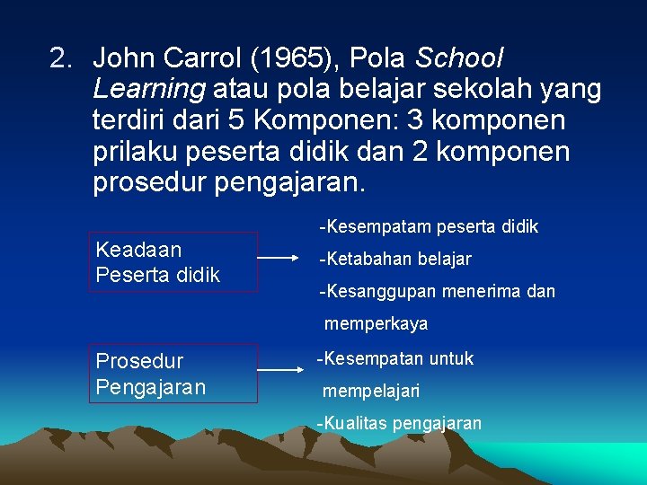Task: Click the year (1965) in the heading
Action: coord(297,59)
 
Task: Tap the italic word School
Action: coord(460,59)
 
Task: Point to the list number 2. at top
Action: coord(62,59)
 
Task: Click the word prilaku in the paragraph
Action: coord(136,152)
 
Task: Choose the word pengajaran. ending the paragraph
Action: coord(290,183)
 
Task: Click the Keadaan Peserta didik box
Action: coord(176,262)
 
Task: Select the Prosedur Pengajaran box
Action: coord(176,374)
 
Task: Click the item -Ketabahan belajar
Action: coord(394,260)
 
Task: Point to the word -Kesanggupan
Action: coord(377,292)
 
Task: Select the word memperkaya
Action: coord(376,323)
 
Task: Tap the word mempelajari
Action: coord(370,392)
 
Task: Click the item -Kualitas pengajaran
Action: coord(399,423)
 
